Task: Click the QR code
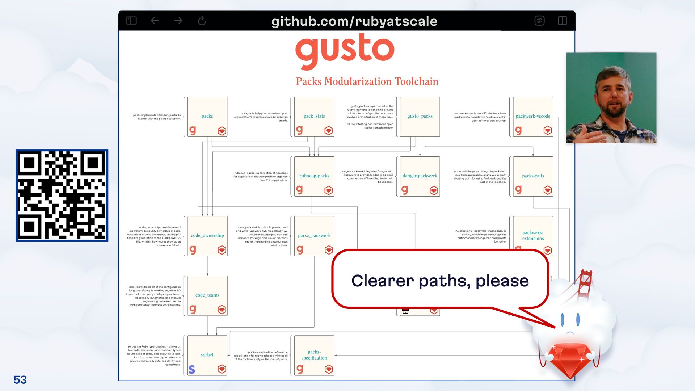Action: (62, 195)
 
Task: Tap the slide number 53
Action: (20, 380)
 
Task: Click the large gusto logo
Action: (345, 51)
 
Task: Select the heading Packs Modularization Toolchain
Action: (367, 81)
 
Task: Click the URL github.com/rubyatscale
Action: (354, 21)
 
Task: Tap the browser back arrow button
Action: (155, 21)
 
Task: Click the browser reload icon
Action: (202, 21)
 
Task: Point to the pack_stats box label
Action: (314, 116)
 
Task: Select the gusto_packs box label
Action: (420, 116)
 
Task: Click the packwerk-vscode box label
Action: (532, 116)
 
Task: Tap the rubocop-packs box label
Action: (314, 176)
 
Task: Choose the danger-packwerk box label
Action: (420, 176)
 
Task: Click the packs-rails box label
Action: (532, 176)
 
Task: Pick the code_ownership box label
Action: (207, 235)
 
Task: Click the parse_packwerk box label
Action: (314, 235)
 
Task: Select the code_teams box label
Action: (207, 295)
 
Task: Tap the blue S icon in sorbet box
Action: (192, 369)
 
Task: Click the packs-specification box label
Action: (314, 355)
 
